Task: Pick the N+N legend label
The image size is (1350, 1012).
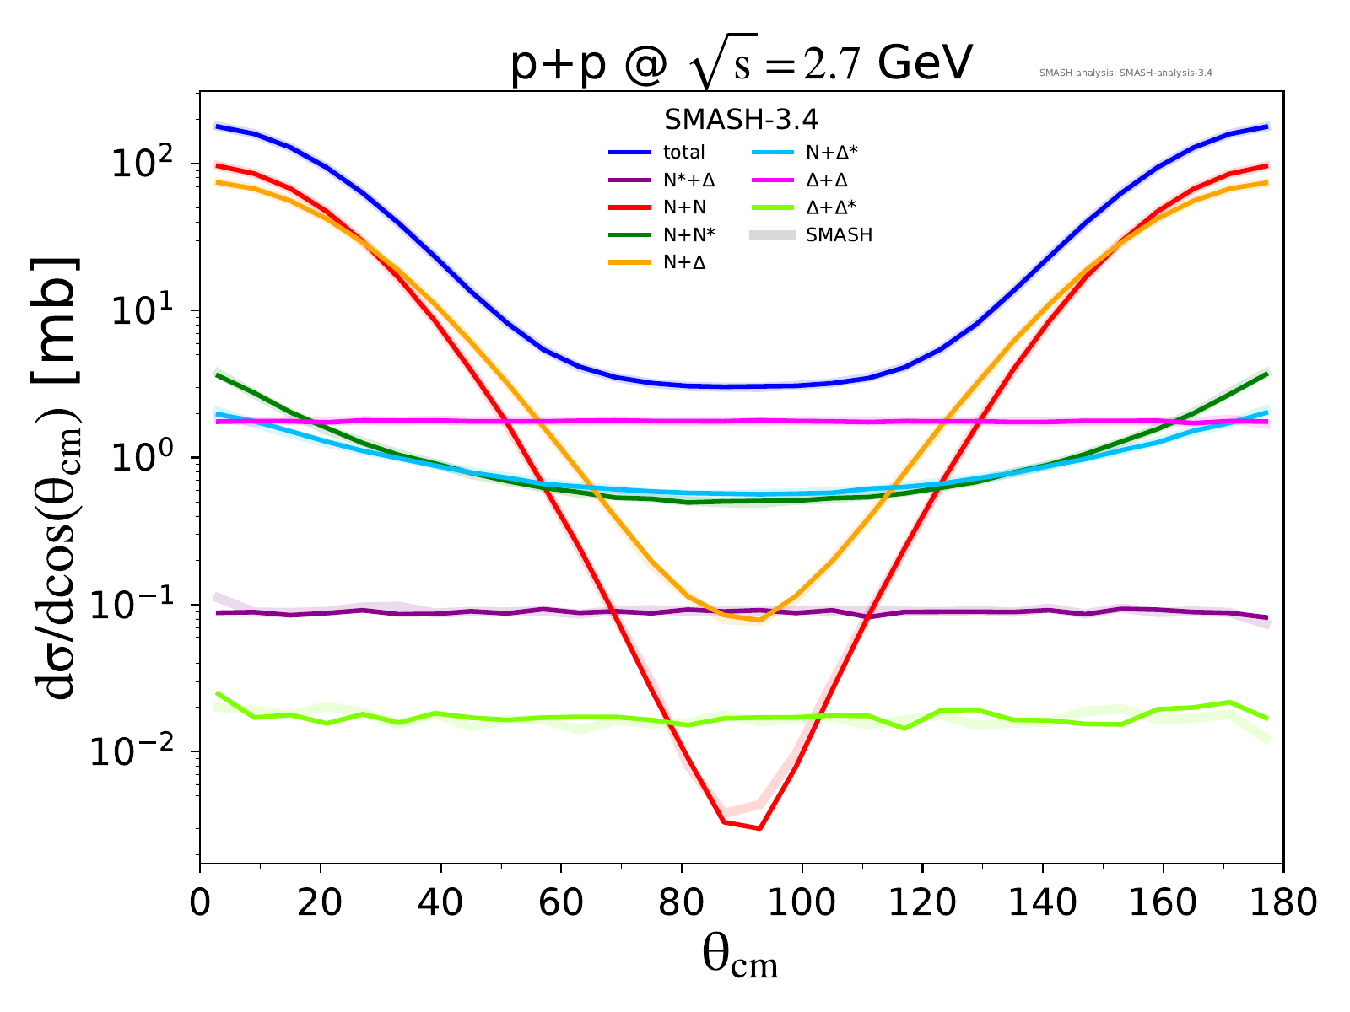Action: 684,207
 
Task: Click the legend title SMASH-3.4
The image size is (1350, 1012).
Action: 741,120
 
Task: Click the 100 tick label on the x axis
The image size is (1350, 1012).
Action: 802,902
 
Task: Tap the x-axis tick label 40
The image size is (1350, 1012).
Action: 440,902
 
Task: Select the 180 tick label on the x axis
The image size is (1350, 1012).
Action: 1283,902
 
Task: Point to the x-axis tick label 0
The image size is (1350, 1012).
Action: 200,902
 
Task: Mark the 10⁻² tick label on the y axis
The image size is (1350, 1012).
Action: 132,749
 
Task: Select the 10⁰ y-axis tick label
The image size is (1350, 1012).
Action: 142,455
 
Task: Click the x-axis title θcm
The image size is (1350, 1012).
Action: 741,958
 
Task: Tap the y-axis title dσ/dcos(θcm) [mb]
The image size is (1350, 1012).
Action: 56,477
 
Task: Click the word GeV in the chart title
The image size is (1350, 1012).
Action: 925,62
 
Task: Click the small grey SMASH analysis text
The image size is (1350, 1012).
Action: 1126,73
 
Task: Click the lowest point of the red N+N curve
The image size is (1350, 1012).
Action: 760,827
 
